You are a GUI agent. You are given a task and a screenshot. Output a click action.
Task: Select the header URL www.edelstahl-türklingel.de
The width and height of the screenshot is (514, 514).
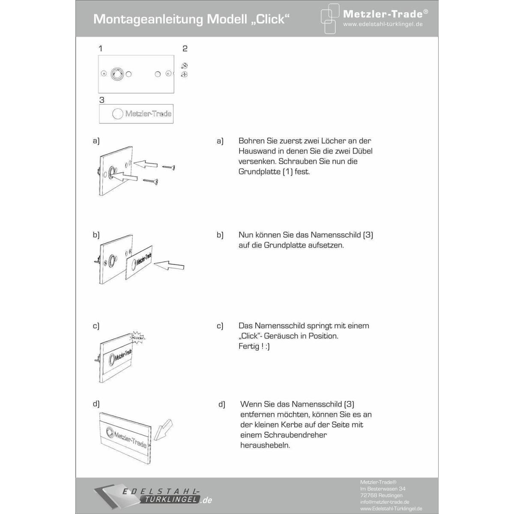[383, 24]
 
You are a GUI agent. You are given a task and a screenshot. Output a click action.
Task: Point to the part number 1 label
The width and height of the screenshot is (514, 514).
[101, 48]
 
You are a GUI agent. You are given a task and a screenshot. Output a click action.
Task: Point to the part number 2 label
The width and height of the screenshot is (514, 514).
[185, 48]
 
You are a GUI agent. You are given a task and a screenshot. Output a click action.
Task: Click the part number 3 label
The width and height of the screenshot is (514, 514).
[102, 100]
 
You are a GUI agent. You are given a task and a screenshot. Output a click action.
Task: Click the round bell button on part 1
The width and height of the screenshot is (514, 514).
[117, 74]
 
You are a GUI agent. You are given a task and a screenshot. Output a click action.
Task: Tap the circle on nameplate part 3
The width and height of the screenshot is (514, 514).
[118, 114]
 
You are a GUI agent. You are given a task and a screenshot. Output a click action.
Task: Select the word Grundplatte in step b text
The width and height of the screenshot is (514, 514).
[284, 245]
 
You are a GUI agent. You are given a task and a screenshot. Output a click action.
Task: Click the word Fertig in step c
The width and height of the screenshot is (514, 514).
[249, 346]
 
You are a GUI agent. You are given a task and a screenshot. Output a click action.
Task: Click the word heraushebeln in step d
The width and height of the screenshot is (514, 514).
[265, 445]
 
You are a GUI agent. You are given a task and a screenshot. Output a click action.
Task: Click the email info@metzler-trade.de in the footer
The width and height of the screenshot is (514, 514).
[385, 502]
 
